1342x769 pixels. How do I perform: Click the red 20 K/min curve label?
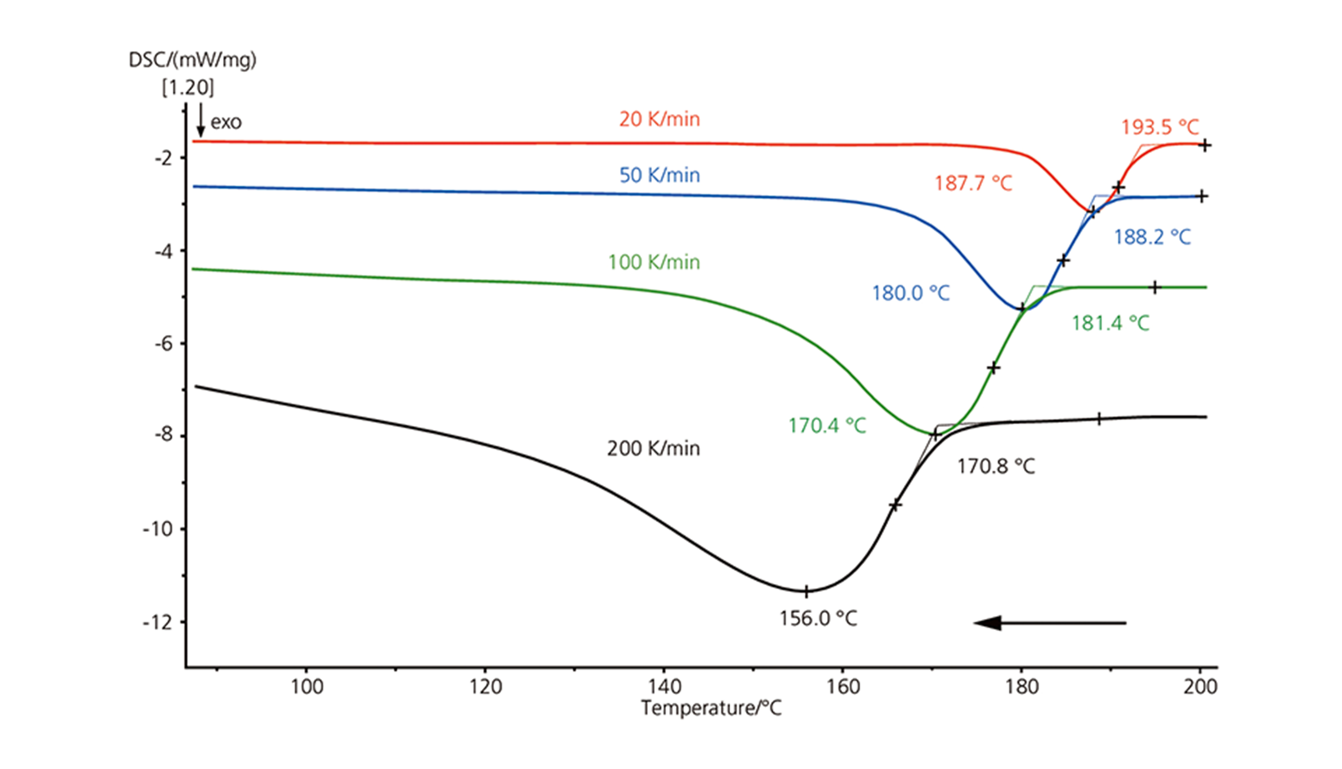tap(659, 119)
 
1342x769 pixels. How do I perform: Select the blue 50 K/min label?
tap(659, 175)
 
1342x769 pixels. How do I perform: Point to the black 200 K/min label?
tap(654, 448)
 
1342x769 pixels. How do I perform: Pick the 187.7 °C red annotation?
tap(973, 183)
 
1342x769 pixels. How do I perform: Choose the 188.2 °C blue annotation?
tap(1152, 237)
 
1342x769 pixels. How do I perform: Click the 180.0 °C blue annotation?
tap(911, 293)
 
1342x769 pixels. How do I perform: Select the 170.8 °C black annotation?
tap(996, 466)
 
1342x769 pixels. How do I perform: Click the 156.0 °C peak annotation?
tap(818, 618)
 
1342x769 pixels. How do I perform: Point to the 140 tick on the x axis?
tap(664, 687)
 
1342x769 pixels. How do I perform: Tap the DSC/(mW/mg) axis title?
tap(193, 60)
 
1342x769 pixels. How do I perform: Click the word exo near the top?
tap(226, 122)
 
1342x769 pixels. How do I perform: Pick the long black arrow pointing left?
tap(1050, 623)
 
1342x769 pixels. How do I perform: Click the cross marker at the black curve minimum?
tap(806, 592)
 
